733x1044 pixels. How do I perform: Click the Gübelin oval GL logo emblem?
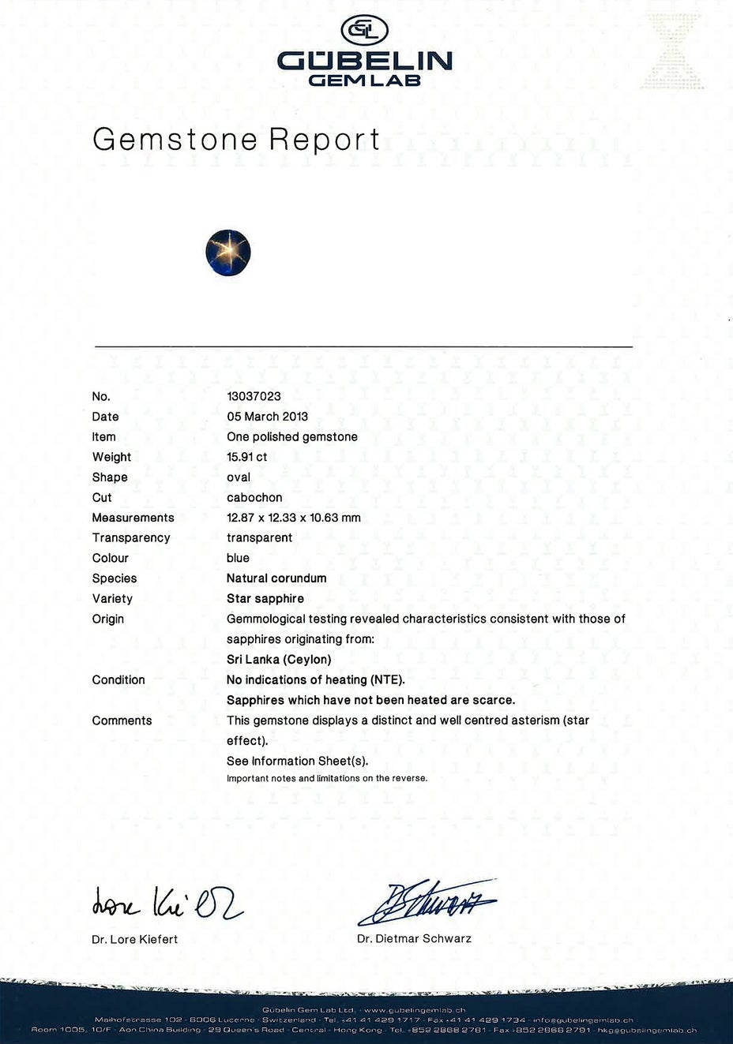pyautogui.click(x=364, y=31)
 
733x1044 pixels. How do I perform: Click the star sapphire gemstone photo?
pyautogui.click(x=228, y=253)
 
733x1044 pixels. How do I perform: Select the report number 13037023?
pyautogui.click(x=254, y=396)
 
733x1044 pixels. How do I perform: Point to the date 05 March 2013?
pyautogui.click(x=267, y=417)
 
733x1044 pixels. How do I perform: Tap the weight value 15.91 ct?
pyautogui.click(x=246, y=457)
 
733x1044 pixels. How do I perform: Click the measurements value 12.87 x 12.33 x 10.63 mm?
pyautogui.click(x=293, y=518)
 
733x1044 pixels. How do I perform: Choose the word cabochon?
pyautogui.click(x=254, y=497)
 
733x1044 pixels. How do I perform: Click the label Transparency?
pyautogui.click(x=131, y=537)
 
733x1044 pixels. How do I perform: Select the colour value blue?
pyautogui.click(x=238, y=558)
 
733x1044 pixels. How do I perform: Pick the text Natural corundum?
pyautogui.click(x=276, y=578)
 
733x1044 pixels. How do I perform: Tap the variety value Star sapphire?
pyautogui.click(x=265, y=598)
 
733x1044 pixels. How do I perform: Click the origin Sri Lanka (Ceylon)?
pyautogui.click(x=279, y=659)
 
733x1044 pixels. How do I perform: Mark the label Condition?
pyautogui.click(x=118, y=679)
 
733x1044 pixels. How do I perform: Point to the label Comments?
pyautogui.click(x=122, y=720)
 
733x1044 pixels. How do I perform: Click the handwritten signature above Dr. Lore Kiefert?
pyautogui.click(x=167, y=902)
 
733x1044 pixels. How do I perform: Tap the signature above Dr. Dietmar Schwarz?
pyautogui.click(x=427, y=901)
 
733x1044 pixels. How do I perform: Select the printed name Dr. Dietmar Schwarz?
pyautogui.click(x=414, y=938)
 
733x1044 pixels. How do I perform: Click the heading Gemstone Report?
pyautogui.click(x=236, y=139)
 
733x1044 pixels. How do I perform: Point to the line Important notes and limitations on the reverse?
pyautogui.click(x=327, y=778)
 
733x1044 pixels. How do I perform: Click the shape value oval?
pyautogui.click(x=239, y=477)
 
